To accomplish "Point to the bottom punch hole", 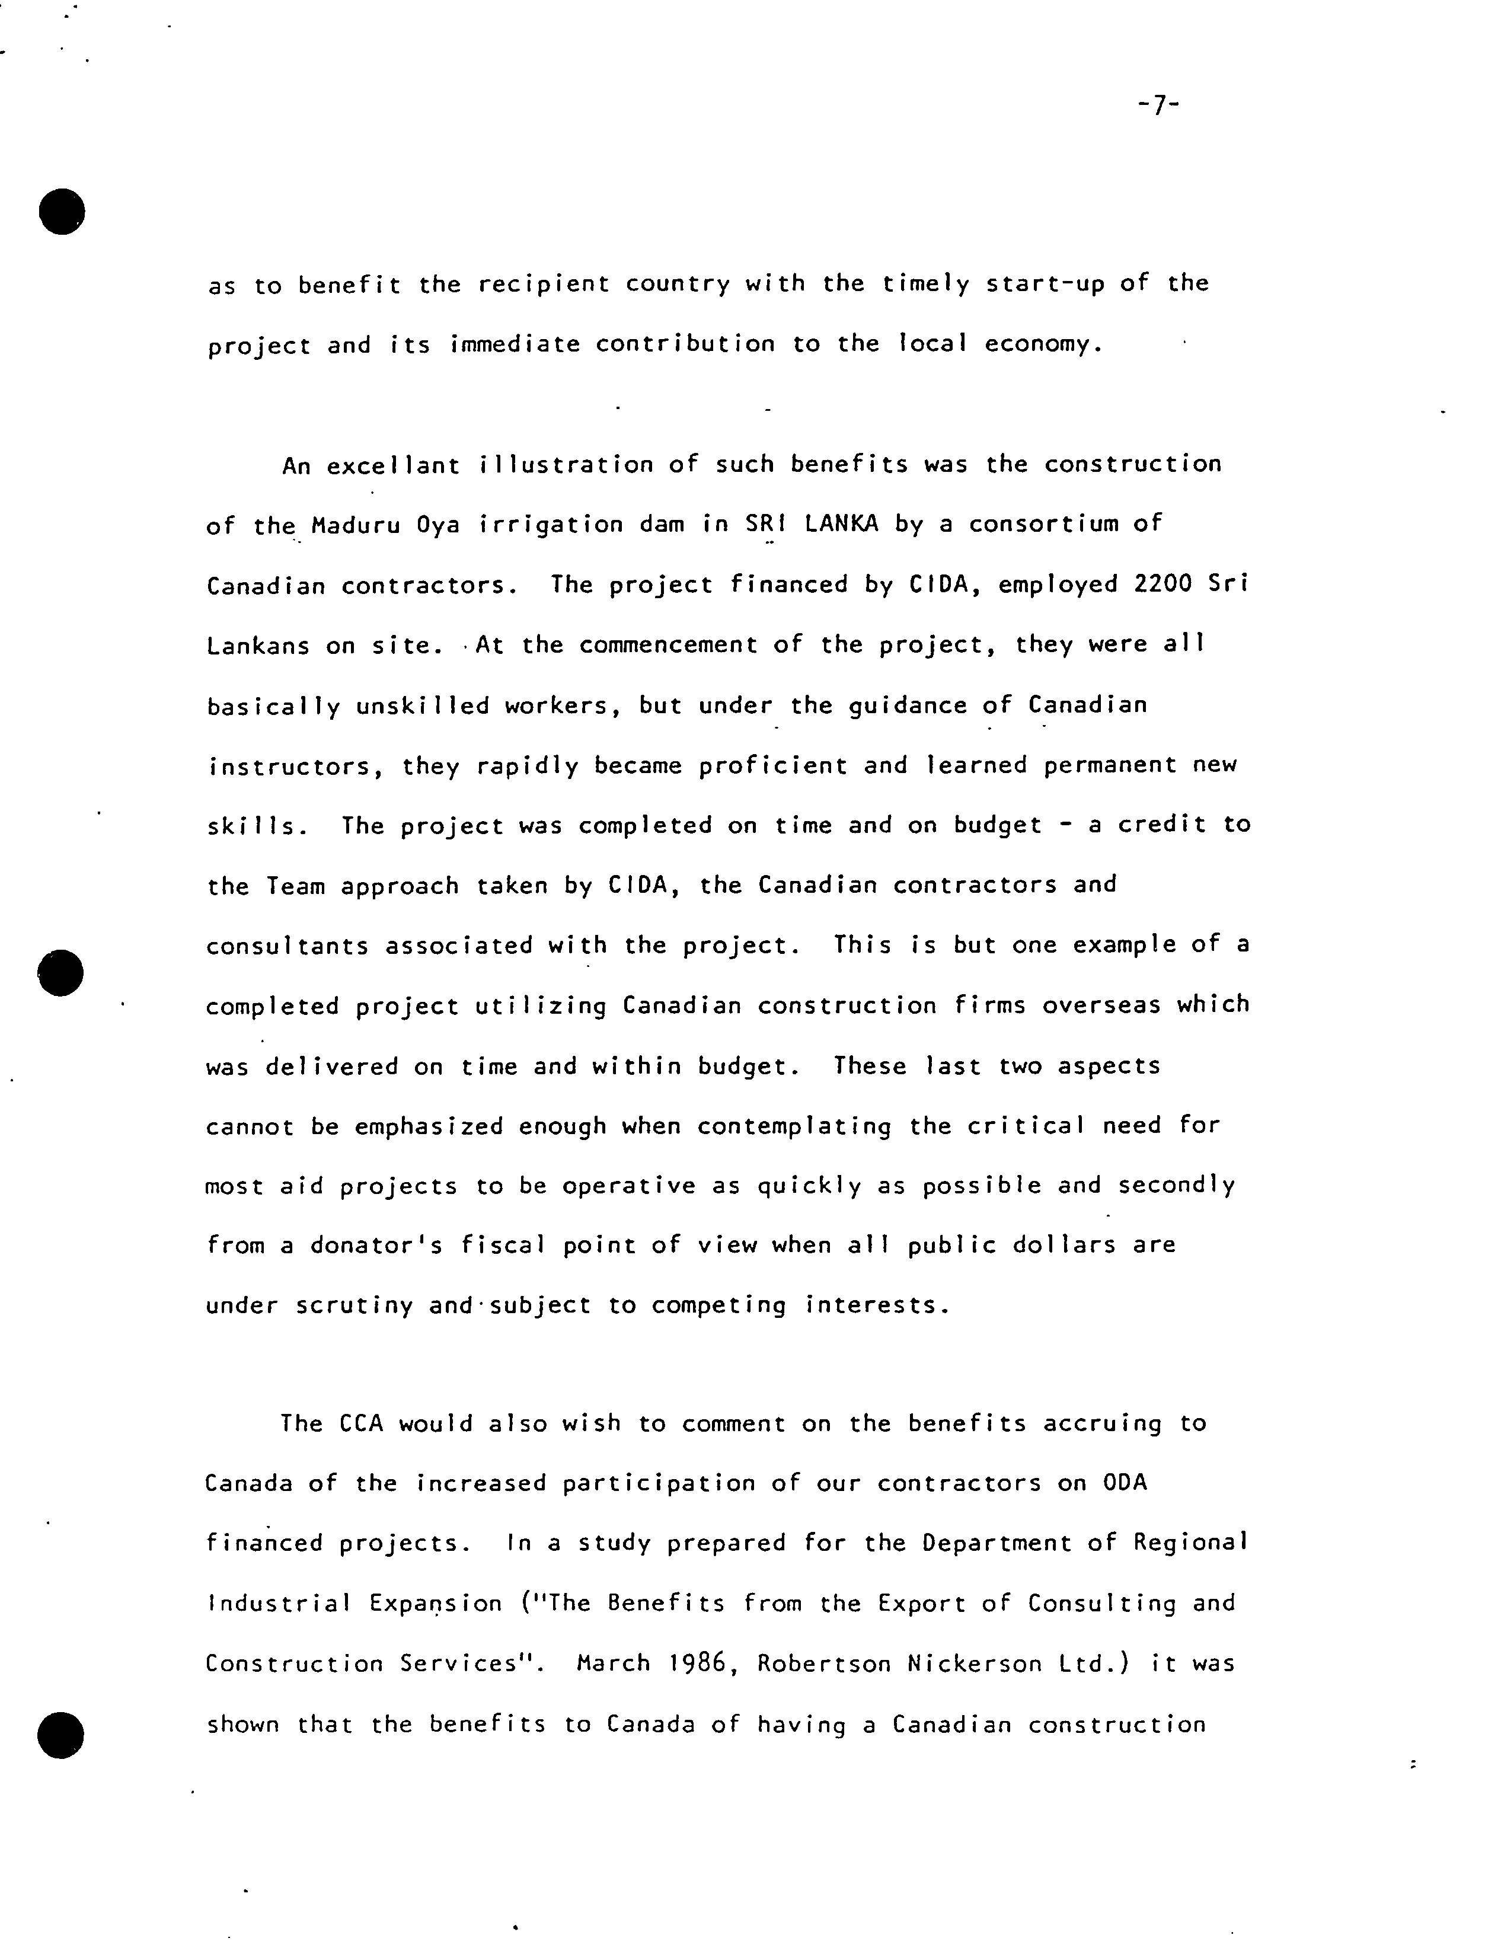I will click(x=60, y=1735).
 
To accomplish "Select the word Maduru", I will click(x=356, y=525).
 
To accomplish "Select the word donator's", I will click(x=376, y=1246).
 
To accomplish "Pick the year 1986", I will click(x=702, y=1664).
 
